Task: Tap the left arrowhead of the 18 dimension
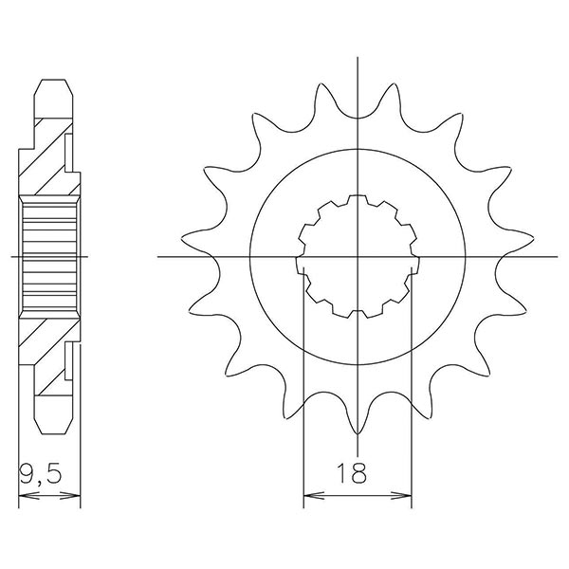[307, 494]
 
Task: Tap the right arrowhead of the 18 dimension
[408, 494]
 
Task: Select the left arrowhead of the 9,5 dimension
[24, 494]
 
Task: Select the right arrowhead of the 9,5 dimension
[76, 494]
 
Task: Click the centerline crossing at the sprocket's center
[358, 257]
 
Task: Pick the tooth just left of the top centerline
[320, 90]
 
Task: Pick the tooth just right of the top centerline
[396, 90]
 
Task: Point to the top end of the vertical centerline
[358, 59]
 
